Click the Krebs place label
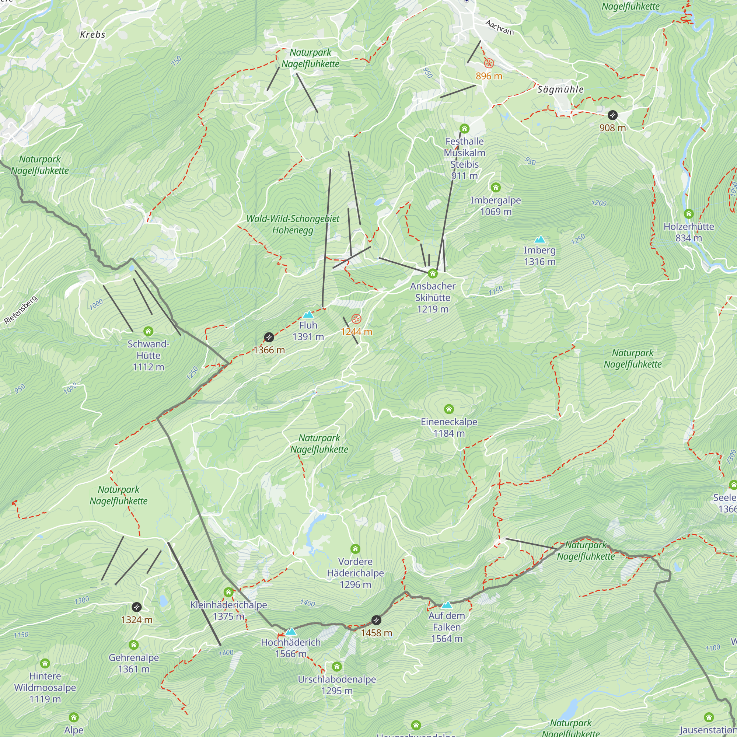coord(93,35)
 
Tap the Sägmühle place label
coord(560,90)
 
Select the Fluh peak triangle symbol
coord(308,315)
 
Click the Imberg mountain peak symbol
coord(539,240)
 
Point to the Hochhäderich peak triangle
coord(291,631)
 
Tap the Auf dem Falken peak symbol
coord(446,605)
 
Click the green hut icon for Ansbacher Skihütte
coord(432,273)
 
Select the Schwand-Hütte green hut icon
coord(149,331)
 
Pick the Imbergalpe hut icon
coord(496,187)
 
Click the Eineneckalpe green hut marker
coord(449,409)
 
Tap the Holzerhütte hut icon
coord(689,214)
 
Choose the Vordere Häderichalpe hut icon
coord(355,549)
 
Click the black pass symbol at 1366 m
coord(269,337)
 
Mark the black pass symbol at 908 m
coord(612,115)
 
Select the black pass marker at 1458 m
coord(376,620)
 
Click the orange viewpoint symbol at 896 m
coord(489,63)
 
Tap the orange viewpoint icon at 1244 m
coord(356,318)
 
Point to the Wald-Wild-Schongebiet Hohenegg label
coord(293,224)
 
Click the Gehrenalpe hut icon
coord(133,645)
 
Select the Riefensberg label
coord(21,310)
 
